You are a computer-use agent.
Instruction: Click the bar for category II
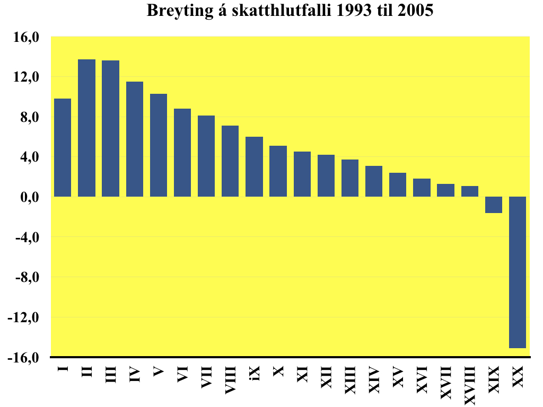pos(86,128)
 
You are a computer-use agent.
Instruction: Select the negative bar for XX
pos(518,272)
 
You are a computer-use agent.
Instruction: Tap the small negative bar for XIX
pos(494,205)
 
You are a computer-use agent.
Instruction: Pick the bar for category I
pos(63,147)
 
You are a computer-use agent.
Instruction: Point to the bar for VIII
pos(230,161)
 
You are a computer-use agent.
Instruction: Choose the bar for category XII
pos(326,175)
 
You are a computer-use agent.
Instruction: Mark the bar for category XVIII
pos(470,191)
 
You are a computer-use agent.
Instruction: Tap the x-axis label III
pos(111,375)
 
